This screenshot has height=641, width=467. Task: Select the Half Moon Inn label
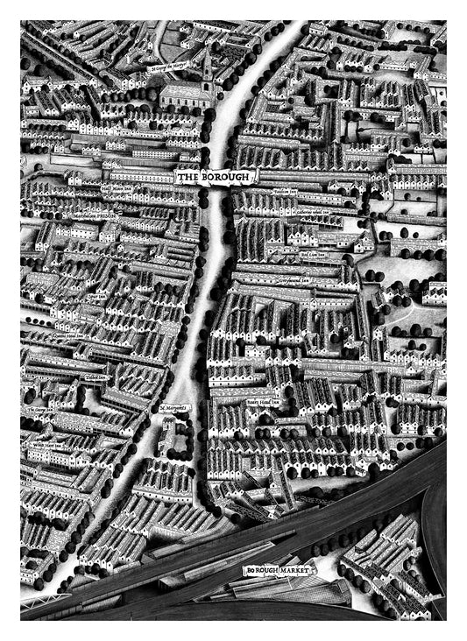pos(117,187)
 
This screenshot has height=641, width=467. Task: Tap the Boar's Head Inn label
pos(263,404)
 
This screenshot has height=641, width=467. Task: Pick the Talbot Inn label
pos(96,377)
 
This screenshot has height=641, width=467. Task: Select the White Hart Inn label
pos(50,445)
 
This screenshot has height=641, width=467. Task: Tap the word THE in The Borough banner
pos(188,178)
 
